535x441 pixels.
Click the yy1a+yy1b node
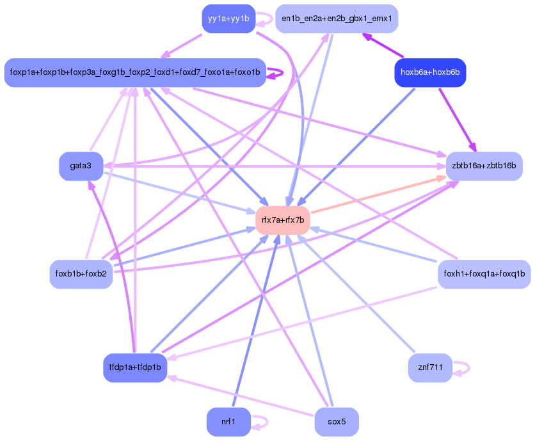(228, 19)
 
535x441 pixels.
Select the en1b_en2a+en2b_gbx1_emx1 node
(337, 19)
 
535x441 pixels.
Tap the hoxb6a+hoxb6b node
(430, 73)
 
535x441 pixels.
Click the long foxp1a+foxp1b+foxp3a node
(135, 73)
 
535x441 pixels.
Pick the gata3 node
(81, 166)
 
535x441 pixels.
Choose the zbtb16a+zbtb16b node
(484, 166)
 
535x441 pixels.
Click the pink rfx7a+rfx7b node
(283, 220)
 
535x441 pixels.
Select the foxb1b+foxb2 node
(81, 274)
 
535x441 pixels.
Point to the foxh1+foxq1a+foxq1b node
(484, 274)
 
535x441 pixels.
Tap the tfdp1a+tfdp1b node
(135, 367)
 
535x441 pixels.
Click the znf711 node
(430, 367)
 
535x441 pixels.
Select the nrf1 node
(228, 422)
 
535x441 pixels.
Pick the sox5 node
(337, 422)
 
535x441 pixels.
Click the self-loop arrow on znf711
(461, 368)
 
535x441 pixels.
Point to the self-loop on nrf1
(260, 422)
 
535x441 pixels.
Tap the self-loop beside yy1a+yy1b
(264, 19)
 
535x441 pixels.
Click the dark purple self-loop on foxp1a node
(275, 73)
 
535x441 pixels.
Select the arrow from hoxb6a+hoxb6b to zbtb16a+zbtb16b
(457, 120)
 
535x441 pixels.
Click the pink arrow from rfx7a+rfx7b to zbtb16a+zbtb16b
(379, 195)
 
